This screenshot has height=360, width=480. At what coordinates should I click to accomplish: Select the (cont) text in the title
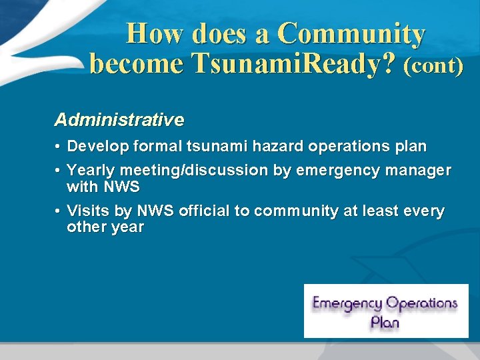433,67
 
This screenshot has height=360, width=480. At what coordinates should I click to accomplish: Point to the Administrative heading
119,120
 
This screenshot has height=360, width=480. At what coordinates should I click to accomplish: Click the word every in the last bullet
423,211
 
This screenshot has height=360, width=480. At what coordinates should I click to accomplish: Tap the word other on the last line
84,227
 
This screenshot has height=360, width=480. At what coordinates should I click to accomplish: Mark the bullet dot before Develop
59,146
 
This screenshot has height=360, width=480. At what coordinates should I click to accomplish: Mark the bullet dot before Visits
59,211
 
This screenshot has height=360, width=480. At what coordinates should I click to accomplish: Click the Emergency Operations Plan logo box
386,311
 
